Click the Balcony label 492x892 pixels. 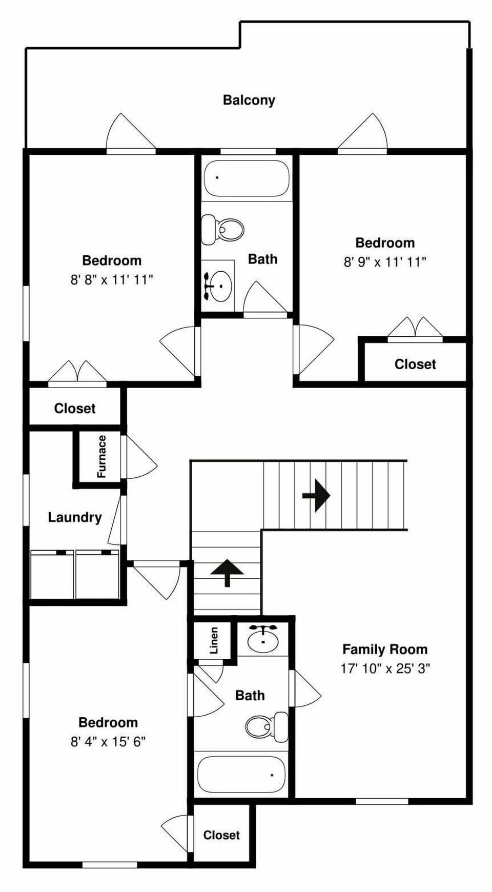(249, 100)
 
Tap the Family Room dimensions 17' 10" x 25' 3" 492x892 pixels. (385, 668)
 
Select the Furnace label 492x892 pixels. (101, 456)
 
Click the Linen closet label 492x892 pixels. (214, 640)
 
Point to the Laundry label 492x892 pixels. (75, 517)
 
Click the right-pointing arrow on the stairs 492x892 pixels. (316, 495)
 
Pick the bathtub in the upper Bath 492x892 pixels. (247, 178)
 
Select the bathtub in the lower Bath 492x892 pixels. (241, 775)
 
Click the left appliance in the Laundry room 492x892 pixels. (52, 575)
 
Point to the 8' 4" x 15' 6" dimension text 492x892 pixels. (108, 742)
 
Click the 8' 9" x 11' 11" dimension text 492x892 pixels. (385, 262)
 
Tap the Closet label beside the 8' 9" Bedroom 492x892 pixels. (415, 364)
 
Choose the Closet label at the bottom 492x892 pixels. (221, 835)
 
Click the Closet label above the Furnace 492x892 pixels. (75, 409)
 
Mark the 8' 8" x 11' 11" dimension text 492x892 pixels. (112, 280)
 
